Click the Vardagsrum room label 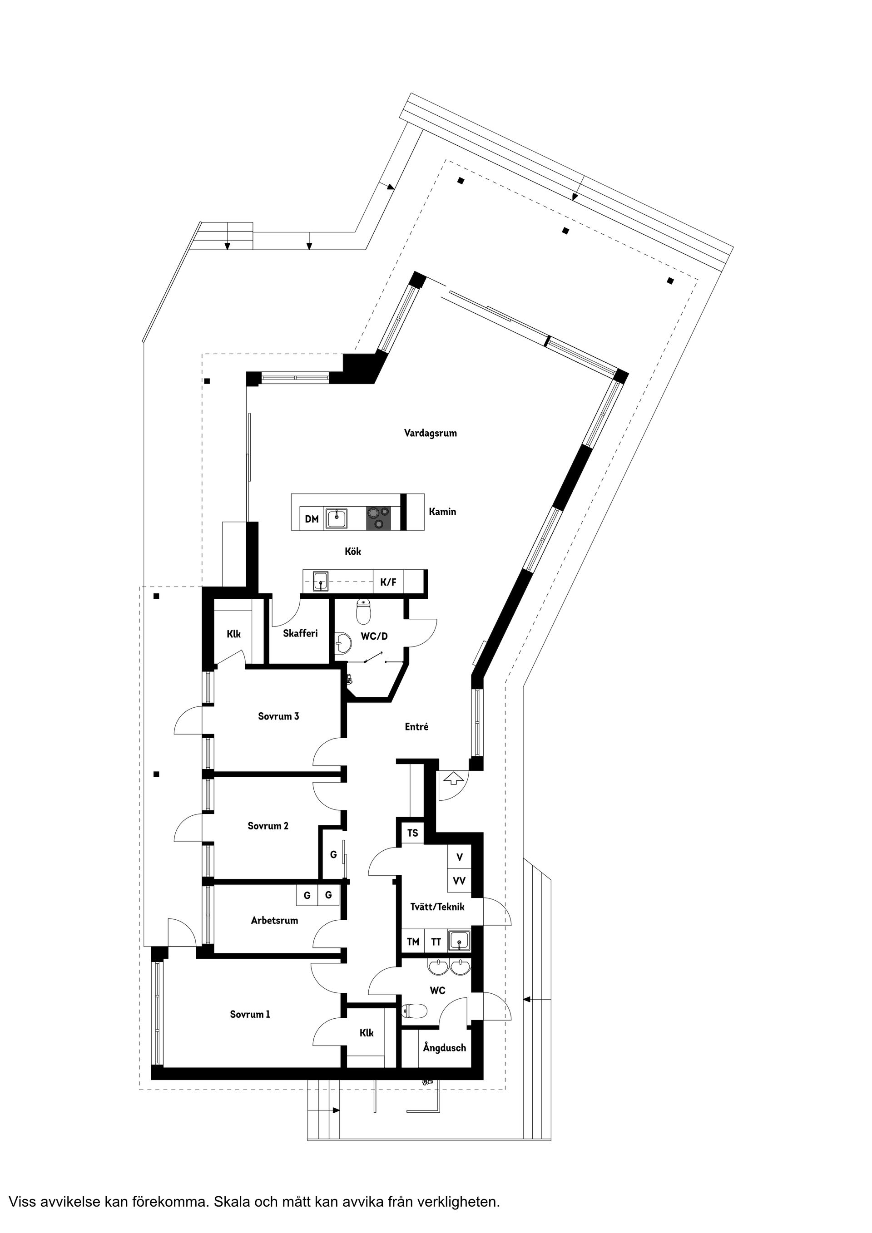[431, 433]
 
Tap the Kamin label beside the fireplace [442, 512]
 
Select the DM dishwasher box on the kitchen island [312, 519]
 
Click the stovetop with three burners [378, 519]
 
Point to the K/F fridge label [388, 582]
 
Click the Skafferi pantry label [300, 633]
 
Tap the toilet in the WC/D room [364, 610]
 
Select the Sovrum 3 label [278, 716]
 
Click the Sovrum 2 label [268, 825]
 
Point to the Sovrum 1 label [250, 1014]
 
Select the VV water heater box [459, 881]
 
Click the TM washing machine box [413, 942]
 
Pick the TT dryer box [436, 942]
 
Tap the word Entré [416, 726]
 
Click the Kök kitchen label [353, 552]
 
